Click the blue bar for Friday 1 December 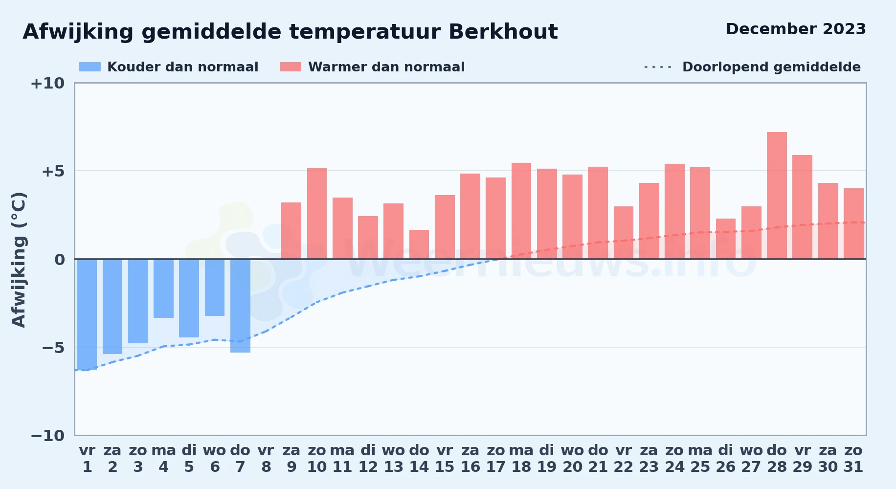(87, 314)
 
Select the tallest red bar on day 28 (777, 196)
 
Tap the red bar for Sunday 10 (317, 214)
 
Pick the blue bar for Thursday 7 (240, 306)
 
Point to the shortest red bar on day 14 (419, 244)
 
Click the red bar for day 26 (726, 239)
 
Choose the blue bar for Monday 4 (163, 289)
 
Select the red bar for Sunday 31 (853, 223)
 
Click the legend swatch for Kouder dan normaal (90, 67)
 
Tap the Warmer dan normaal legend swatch (291, 67)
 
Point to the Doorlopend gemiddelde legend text (771, 67)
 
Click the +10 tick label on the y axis (47, 84)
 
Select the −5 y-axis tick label (53, 348)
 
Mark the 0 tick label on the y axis (60, 260)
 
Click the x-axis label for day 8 (266, 459)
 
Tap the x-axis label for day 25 (700, 459)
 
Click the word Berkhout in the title (503, 32)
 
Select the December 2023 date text (796, 29)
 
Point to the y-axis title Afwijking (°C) (19, 260)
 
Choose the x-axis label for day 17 (495, 459)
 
